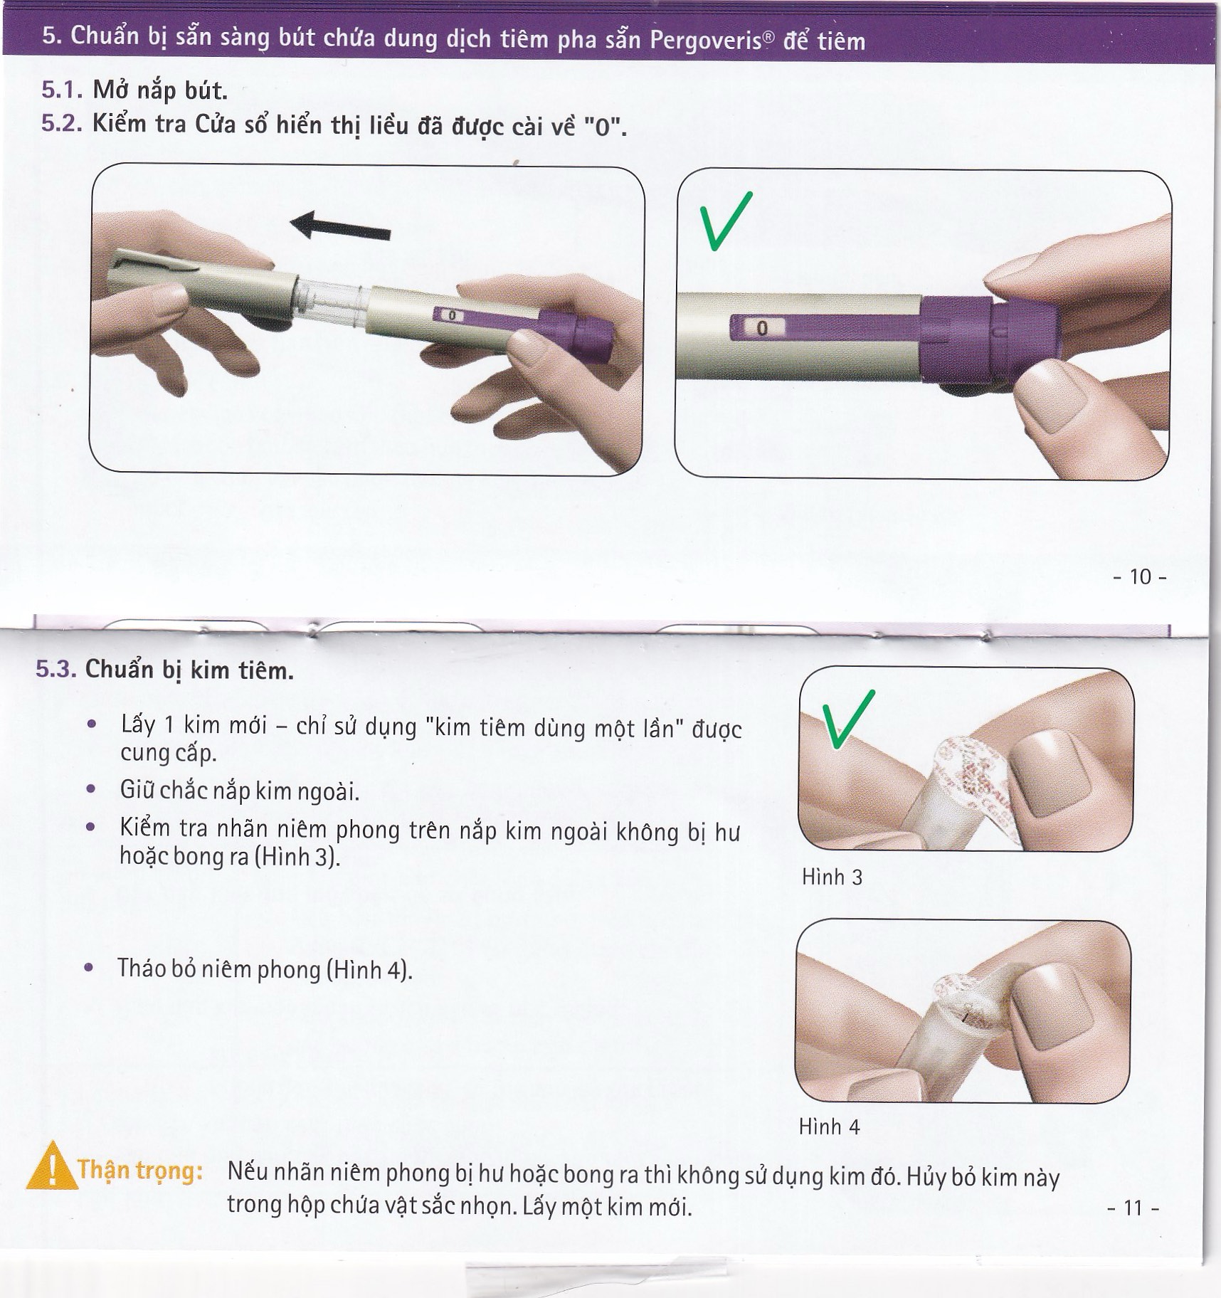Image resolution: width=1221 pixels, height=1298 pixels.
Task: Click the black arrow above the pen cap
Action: tap(340, 225)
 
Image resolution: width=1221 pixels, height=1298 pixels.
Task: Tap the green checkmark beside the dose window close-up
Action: tap(724, 221)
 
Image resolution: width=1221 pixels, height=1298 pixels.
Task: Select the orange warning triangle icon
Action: tap(51, 1166)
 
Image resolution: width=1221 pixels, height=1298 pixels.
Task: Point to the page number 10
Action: tap(1140, 576)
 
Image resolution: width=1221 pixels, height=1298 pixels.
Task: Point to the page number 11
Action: tap(1133, 1207)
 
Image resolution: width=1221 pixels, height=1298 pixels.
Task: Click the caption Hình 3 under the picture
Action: tap(832, 877)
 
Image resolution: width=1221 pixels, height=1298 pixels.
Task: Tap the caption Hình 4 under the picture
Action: tap(829, 1126)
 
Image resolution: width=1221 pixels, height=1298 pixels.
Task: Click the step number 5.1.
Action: tap(63, 90)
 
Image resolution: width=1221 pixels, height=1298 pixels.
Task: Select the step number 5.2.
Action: tap(63, 124)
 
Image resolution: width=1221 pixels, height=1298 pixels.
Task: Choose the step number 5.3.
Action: tap(55, 670)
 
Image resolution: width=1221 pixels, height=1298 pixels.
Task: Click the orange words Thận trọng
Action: tap(140, 1170)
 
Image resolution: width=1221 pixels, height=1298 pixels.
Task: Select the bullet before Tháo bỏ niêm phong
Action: tap(89, 968)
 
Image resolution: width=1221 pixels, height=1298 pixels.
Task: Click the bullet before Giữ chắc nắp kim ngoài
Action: tap(90, 789)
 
